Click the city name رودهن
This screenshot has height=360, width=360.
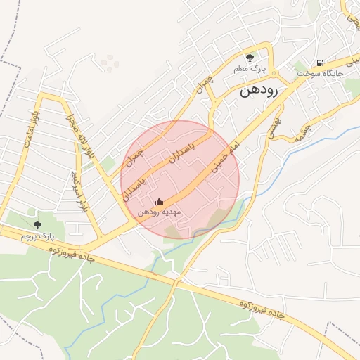point(259,91)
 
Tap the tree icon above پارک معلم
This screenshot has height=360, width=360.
point(249,58)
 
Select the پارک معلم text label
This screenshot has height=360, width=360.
point(250,70)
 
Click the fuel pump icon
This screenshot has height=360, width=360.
point(321,63)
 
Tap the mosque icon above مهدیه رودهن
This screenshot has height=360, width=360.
point(158,201)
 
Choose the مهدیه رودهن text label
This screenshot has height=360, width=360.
point(159,212)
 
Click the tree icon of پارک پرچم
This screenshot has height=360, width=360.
point(37,224)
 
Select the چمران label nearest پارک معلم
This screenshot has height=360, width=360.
point(204,86)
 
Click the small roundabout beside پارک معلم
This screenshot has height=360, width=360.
point(274,73)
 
